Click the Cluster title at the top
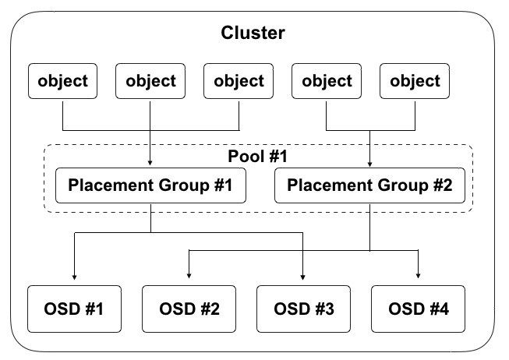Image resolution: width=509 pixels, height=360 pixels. pyautogui.click(x=253, y=33)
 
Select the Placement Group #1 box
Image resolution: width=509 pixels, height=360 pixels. pyautogui.click(x=150, y=186)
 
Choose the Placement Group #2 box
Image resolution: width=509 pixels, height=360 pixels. pyautogui.click(x=369, y=186)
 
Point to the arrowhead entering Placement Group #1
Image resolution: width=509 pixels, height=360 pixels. pyautogui.click(x=150, y=165)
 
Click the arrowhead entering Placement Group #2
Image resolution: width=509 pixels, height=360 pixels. pyautogui.click(x=369, y=165)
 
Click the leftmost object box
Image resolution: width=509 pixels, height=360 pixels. pyautogui.click(x=62, y=81)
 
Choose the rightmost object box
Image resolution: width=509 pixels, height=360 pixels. pyautogui.click(x=415, y=81)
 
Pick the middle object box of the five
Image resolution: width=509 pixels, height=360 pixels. pyautogui.click(x=239, y=81)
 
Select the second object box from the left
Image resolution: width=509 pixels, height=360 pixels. pyautogui.click(x=150, y=81)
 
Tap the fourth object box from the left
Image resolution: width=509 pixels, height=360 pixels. pyautogui.click(x=327, y=81)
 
